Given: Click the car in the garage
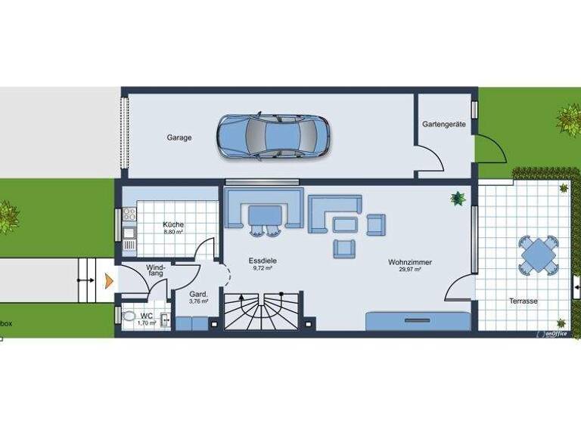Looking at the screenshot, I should pyautogui.click(x=273, y=136).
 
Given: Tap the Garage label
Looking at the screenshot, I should pyautogui.click(x=179, y=138).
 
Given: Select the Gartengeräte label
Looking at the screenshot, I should pyautogui.click(x=444, y=125).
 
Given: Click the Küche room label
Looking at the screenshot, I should pyautogui.click(x=173, y=225).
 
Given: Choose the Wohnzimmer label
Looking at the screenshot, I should pyautogui.click(x=410, y=262).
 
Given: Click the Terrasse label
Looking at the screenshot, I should pyautogui.click(x=523, y=301).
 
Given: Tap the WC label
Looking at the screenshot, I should pyautogui.click(x=146, y=315).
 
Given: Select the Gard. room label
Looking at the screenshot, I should pyautogui.click(x=198, y=294).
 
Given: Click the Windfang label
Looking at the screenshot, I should pyautogui.click(x=155, y=270).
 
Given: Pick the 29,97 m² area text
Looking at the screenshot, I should pyautogui.click(x=410, y=270).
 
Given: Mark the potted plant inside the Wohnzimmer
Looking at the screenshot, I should pyautogui.click(x=457, y=199).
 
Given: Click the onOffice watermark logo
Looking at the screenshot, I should pyautogui.click(x=551, y=333).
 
